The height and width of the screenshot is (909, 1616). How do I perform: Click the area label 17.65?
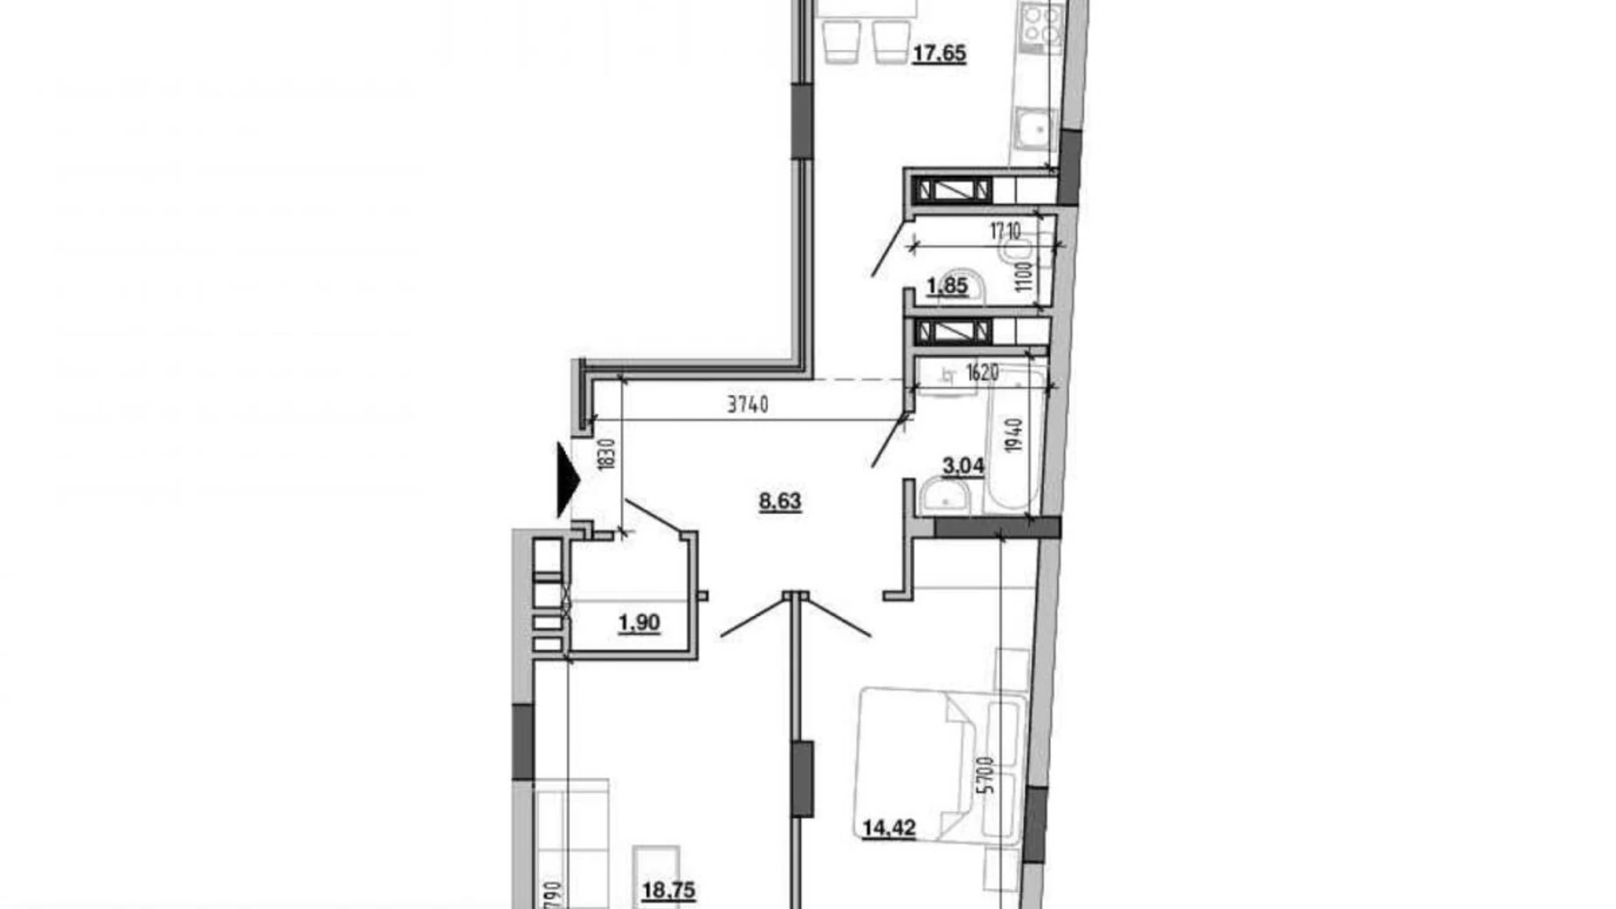(939, 53)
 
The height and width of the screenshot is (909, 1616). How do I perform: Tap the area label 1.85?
(947, 286)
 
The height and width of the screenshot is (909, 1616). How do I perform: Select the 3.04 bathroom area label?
(963, 466)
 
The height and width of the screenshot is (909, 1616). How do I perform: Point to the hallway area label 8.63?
(780, 502)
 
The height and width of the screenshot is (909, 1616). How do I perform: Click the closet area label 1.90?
(639, 623)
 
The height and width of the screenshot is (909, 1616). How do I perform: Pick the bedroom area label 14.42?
(889, 827)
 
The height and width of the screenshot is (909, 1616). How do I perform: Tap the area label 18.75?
(668, 890)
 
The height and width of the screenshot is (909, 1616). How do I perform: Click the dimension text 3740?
(748, 405)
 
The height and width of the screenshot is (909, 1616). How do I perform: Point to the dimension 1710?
(1005, 232)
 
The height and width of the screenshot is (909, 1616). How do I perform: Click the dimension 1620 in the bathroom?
(982, 373)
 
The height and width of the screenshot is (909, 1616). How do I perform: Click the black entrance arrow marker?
(568, 480)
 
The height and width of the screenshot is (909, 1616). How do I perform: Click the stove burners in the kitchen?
(1042, 24)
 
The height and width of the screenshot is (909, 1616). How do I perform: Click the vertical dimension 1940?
(1013, 435)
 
